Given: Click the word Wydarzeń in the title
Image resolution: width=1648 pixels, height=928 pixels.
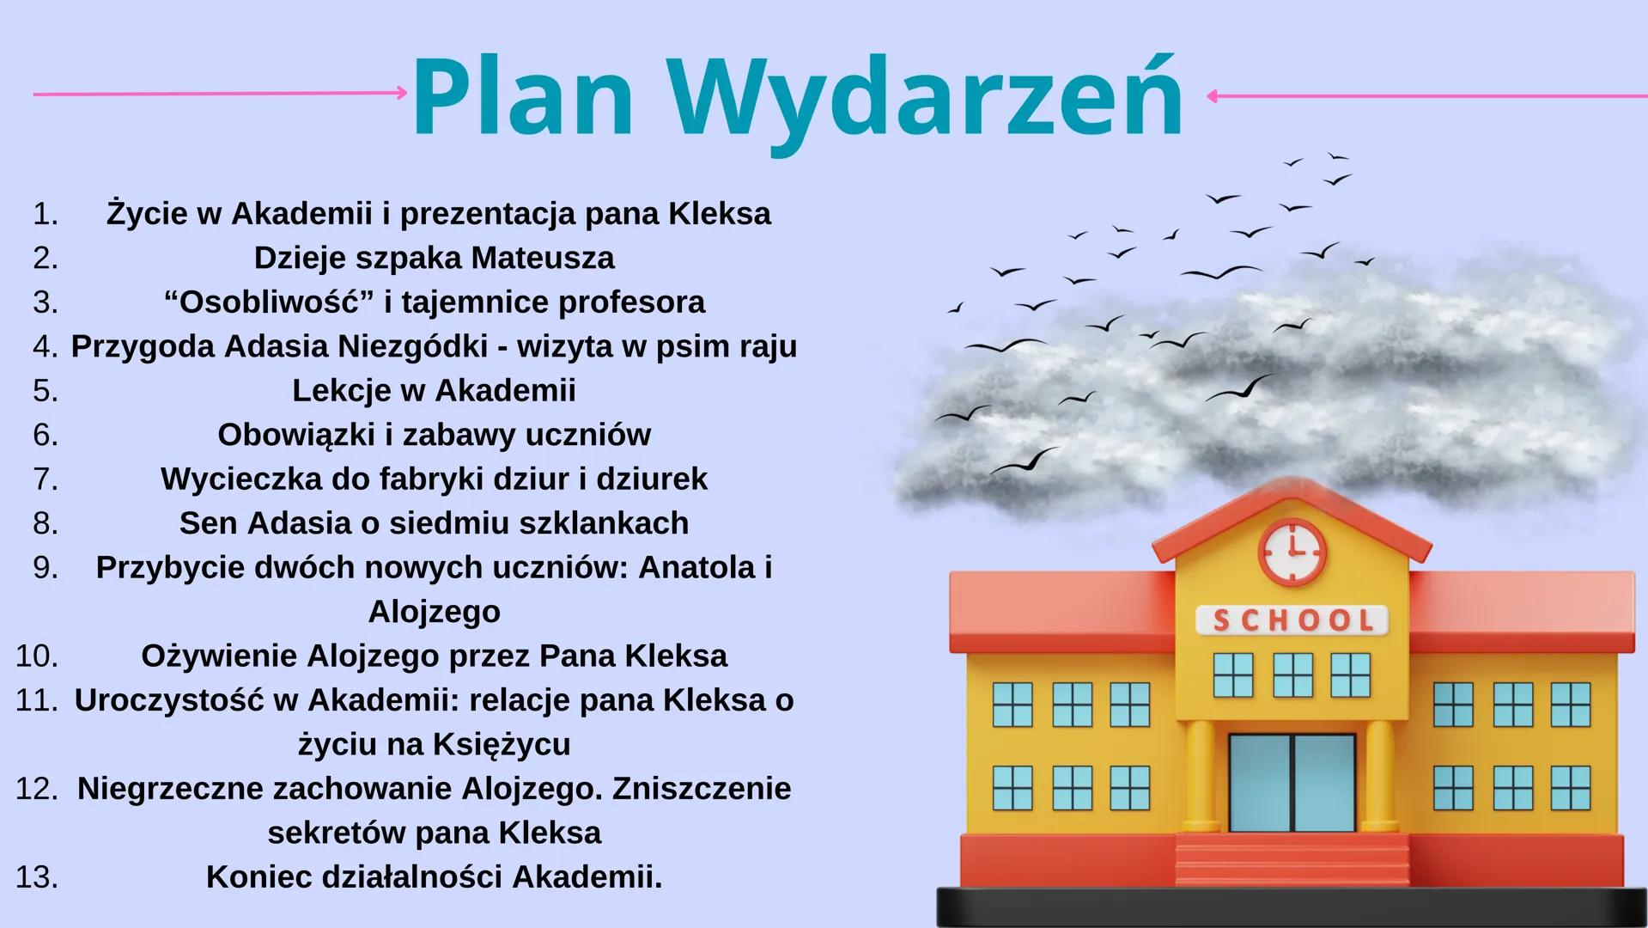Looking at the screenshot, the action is click(927, 97).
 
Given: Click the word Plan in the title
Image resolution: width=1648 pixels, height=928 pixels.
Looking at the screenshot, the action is click(523, 97).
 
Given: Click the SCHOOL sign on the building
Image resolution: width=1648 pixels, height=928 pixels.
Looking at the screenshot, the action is click(1292, 620).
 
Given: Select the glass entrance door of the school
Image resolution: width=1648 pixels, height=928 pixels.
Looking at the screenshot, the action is click(1292, 783).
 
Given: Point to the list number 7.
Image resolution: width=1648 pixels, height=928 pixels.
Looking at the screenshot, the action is click(46, 479).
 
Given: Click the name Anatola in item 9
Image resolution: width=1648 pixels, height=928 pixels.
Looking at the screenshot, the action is click(696, 567).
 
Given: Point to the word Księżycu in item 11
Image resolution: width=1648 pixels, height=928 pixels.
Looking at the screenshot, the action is click(502, 744).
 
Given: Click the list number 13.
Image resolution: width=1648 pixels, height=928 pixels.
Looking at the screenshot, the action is click(37, 877).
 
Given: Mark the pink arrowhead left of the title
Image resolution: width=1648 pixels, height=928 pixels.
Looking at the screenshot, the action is click(402, 93).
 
